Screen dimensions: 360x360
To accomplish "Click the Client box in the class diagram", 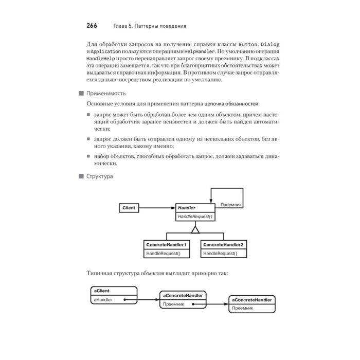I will click(x=129, y=208).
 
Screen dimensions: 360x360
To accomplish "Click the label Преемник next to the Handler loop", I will click(x=231, y=205).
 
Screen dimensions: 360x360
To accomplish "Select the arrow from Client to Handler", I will click(x=156, y=208).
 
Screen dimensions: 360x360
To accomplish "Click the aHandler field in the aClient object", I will click(x=103, y=299).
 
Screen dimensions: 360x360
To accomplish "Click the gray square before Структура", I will click(x=80, y=176).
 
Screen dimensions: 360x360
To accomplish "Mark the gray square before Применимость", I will click(x=80, y=93).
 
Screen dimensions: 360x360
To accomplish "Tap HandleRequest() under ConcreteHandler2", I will click(x=220, y=254).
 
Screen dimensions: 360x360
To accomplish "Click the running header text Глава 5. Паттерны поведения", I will click(x=149, y=26).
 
